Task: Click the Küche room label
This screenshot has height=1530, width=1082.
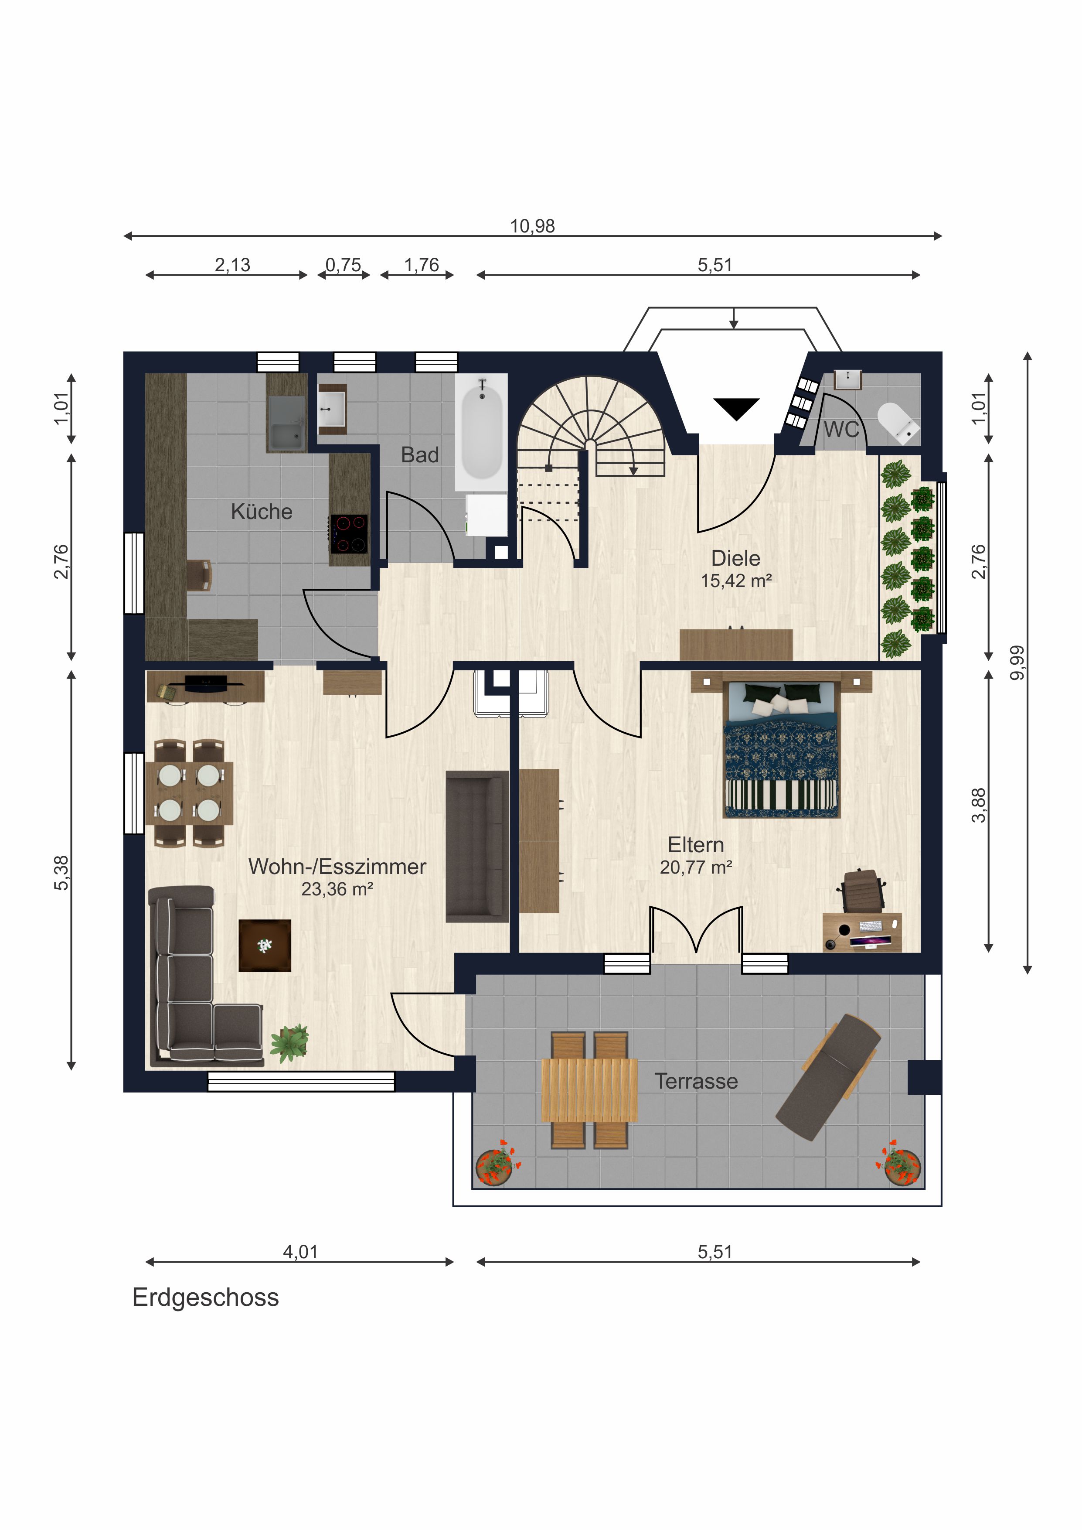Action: pyautogui.click(x=262, y=512)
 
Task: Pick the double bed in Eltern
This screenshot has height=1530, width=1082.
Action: pyautogui.click(x=782, y=748)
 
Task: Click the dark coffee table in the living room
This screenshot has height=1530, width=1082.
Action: pyautogui.click(x=265, y=945)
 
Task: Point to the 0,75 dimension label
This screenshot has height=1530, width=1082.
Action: pyautogui.click(x=343, y=265)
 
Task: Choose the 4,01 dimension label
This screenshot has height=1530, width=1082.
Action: pyautogui.click(x=300, y=1252)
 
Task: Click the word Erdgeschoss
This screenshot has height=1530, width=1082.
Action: pyautogui.click(x=206, y=1298)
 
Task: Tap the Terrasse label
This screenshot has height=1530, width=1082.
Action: pyautogui.click(x=696, y=1081)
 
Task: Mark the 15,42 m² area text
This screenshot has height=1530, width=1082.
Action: pyautogui.click(x=736, y=581)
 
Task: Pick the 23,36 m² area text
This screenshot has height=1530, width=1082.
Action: pyautogui.click(x=337, y=889)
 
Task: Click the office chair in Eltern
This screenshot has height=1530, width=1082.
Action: pyautogui.click(x=862, y=890)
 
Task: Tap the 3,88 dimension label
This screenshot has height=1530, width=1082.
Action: pyautogui.click(x=978, y=806)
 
